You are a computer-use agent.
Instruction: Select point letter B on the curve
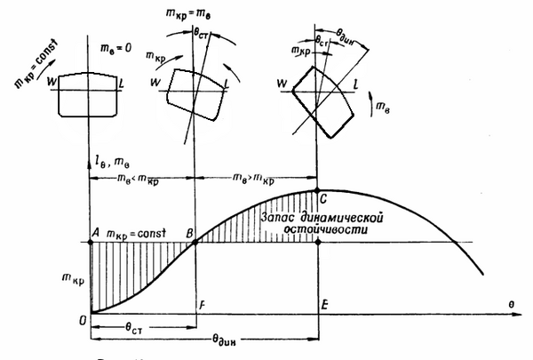[188, 234]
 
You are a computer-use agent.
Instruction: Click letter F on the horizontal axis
[203, 305]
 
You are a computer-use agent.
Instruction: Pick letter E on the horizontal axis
[326, 305]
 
